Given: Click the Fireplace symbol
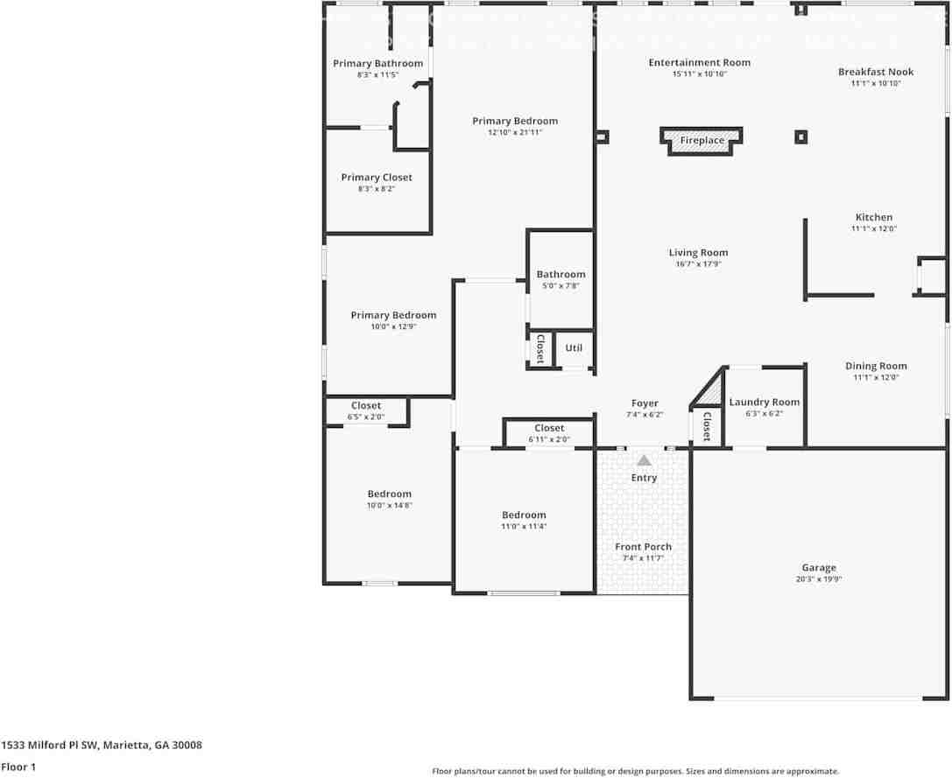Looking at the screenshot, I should [702, 140].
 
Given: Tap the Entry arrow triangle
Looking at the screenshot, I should [644, 460].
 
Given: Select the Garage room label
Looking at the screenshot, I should [819, 568].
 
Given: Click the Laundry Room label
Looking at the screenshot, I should [764, 403].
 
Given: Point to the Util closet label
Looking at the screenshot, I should [574, 348].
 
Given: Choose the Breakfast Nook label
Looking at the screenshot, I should [875, 72].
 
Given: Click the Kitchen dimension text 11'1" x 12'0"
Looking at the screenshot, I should [873, 229].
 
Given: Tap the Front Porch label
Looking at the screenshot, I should [643, 547].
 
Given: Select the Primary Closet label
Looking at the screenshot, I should [377, 178].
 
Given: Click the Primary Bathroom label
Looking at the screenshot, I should [377, 64].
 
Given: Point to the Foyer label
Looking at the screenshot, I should [645, 403].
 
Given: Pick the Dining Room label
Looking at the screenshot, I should [876, 366].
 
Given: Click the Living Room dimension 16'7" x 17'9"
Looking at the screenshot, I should [698, 264].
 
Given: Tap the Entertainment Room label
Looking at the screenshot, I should [699, 62].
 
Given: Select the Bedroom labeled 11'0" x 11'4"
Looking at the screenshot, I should [524, 515].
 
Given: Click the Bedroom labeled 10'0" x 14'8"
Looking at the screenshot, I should [389, 494].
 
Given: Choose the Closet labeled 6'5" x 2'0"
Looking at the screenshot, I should [366, 406].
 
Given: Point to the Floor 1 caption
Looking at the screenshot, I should [18, 767].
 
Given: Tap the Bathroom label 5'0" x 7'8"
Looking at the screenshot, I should [561, 275].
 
